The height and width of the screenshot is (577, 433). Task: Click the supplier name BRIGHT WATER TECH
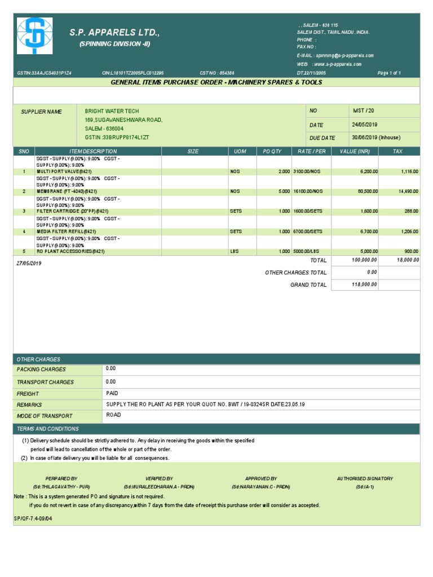pyautogui.click(x=112, y=111)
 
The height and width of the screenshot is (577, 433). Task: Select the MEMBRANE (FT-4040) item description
pyautogui.click(x=64, y=191)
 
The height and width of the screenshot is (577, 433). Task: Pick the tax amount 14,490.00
pyautogui.click(x=408, y=191)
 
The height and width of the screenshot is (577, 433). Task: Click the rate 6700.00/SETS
pyautogui.click(x=308, y=232)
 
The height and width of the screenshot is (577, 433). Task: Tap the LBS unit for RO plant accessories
pyautogui.click(x=235, y=251)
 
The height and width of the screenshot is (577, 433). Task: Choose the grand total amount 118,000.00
pyautogui.click(x=365, y=285)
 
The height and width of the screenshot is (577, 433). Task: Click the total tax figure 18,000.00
pyautogui.click(x=408, y=260)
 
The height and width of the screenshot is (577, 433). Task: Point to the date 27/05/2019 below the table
pyautogui.click(x=28, y=263)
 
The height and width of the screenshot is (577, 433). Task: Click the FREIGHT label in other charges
pyautogui.click(x=28, y=393)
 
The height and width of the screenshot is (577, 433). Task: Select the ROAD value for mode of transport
pyautogui.click(x=113, y=415)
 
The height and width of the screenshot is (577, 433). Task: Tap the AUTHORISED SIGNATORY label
pyautogui.click(x=365, y=478)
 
